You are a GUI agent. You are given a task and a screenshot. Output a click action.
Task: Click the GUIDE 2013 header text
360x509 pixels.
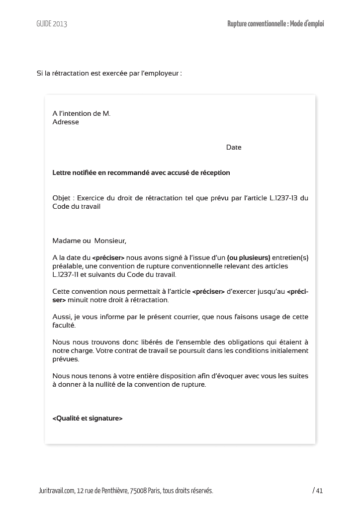pos(51,24)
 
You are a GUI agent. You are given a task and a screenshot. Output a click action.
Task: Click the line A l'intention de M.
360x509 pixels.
pos(81,113)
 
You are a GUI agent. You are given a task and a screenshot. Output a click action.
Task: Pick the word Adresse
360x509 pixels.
pos(66,122)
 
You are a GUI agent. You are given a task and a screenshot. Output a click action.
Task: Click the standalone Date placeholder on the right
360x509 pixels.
pos(234,147)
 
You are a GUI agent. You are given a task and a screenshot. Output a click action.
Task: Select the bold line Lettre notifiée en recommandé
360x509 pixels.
pos(141,173)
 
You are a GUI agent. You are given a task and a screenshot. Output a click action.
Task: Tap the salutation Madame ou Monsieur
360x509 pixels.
pos(90,241)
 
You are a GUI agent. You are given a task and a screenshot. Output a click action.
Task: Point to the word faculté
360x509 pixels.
pos(64,325)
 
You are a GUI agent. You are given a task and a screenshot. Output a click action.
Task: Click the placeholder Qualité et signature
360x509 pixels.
pos(88,418)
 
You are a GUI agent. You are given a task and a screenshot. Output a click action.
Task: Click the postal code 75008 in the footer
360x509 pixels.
pos(138,491)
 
